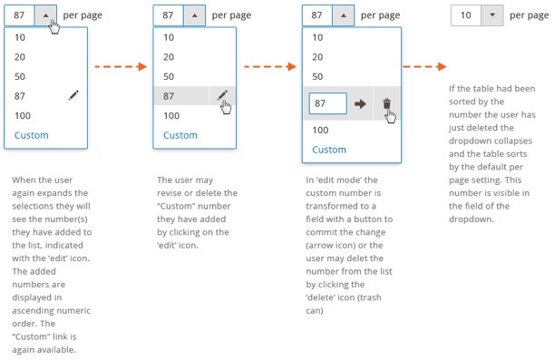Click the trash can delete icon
click(387, 103)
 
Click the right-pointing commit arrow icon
click(360, 104)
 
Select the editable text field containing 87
click(328, 103)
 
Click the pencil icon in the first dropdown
click(73, 95)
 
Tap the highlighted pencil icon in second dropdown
click(222, 95)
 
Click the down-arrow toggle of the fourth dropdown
click(492, 15)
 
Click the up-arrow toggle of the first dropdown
click(45, 15)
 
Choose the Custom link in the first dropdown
click(32, 135)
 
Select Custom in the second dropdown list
click(180, 135)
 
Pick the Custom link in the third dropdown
click(329, 150)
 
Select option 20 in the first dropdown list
click(20, 57)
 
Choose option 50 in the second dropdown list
click(169, 76)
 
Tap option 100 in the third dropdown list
click(320, 130)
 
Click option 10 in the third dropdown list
click(317, 37)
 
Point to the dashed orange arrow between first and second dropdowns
click(121, 66)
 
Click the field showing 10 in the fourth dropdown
click(466, 15)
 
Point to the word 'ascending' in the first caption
click(30, 310)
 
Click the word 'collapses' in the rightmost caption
click(515, 141)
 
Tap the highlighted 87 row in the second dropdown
click(181, 96)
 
